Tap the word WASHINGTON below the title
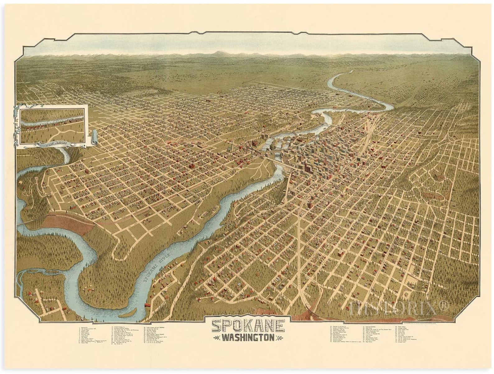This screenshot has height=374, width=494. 248,338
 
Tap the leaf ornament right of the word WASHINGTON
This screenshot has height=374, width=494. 280,338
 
